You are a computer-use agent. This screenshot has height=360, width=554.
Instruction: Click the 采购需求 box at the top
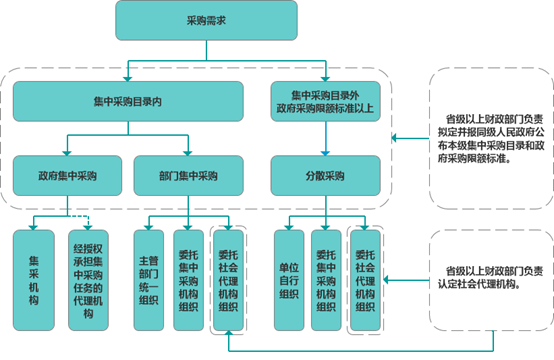click(x=179, y=20)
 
